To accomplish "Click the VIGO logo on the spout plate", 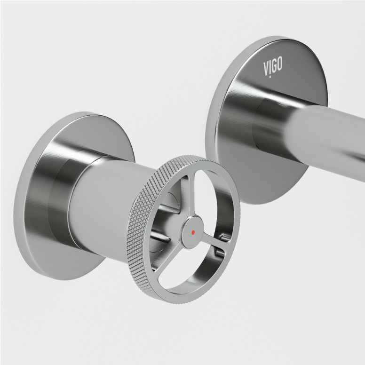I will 273,66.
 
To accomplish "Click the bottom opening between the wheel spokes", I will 198,263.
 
